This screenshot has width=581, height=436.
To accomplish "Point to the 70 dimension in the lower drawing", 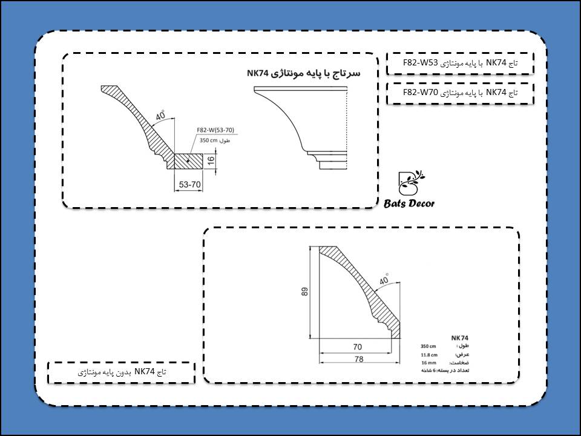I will tap(357, 348).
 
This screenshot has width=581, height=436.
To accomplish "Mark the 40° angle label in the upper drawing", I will tap(160, 116).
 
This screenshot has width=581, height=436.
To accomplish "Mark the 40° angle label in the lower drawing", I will tap(384, 280).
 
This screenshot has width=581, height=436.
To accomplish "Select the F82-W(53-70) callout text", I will tap(215, 130).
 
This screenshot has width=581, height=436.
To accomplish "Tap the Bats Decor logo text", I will tap(409, 204).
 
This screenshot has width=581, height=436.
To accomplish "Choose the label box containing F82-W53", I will tap(460, 62).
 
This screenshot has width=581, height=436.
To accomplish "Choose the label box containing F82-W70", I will tap(460, 93).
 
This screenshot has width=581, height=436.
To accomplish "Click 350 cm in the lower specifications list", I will tap(428, 346).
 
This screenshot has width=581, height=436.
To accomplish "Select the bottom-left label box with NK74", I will tap(121, 372).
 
